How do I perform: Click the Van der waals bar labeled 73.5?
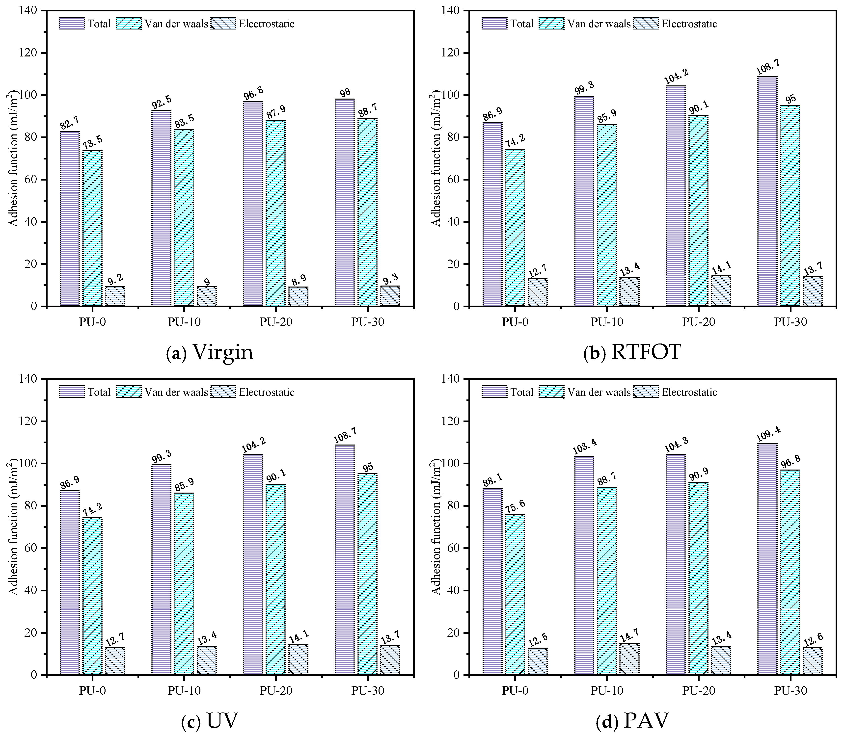click(x=92, y=229)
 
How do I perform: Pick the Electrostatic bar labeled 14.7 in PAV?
click(x=629, y=659)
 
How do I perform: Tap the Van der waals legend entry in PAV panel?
click(x=599, y=392)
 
